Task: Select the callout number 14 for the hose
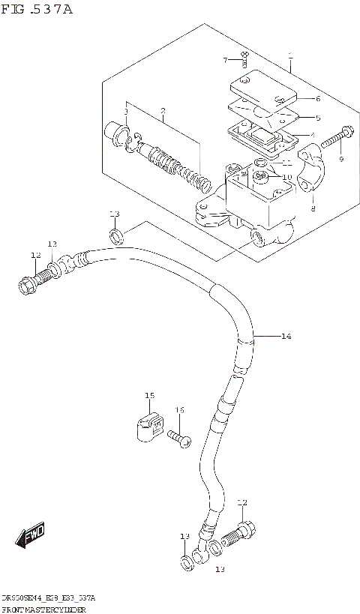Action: (x=286, y=337)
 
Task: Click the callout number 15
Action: (x=149, y=395)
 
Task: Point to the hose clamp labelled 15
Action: (x=149, y=426)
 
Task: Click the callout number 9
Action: (x=340, y=159)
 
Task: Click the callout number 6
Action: (x=318, y=98)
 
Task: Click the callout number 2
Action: (x=162, y=112)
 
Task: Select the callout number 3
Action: (x=126, y=112)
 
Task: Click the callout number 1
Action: (x=290, y=55)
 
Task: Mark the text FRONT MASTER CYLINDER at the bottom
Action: (x=44, y=609)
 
